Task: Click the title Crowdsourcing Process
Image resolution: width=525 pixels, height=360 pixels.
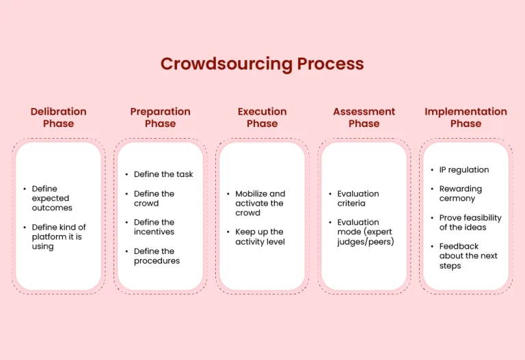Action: click(262, 64)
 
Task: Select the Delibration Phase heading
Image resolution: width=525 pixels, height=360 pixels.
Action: click(59, 117)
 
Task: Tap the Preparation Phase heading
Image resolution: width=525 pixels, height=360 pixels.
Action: click(161, 117)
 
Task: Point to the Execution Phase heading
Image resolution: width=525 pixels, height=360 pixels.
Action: click(262, 117)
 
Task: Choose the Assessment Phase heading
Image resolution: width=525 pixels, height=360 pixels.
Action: click(364, 117)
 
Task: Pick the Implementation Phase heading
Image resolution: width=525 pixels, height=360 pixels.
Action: click(466, 117)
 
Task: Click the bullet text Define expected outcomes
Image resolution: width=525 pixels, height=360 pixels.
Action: click(52, 198)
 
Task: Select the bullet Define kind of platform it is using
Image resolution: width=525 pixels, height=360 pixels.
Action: click(59, 236)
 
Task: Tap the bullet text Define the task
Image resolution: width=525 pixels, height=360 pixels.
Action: click(163, 174)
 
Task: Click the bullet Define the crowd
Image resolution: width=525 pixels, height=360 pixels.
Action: click(154, 198)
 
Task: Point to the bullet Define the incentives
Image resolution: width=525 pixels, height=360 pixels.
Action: click(154, 227)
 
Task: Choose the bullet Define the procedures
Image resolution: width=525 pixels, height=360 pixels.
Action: click(157, 256)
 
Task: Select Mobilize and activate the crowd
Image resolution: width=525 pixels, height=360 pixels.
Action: click(260, 203)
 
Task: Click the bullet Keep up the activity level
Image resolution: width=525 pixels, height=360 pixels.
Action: click(260, 236)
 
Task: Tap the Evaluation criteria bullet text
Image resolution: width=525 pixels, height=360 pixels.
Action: click(358, 198)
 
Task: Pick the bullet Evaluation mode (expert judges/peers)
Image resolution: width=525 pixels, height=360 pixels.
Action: click(365, 232)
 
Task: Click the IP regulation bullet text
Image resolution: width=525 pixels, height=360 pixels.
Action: click(464, 169)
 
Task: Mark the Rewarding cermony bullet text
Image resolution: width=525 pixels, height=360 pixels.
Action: click(460, 193)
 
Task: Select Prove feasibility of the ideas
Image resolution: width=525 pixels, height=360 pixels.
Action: click(470, 223)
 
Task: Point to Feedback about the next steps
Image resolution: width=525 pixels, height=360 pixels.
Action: click(468, 256)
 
